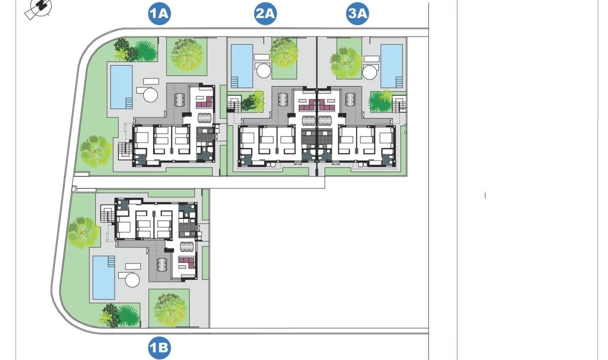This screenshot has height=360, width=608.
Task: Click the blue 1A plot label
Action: [160, 13]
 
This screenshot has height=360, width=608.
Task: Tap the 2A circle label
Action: [265, 13]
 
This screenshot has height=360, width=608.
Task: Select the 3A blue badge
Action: [357, 13]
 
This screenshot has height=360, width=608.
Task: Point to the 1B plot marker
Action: [160, 348]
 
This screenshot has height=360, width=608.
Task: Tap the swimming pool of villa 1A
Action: [121, 87]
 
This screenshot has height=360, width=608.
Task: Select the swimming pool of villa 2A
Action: [242, 66]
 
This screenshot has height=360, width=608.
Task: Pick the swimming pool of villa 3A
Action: [392, 66]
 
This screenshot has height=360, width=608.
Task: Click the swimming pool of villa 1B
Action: [104, 278]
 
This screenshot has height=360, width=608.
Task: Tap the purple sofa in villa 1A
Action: [205, 102]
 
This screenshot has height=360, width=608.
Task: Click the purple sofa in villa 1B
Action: [187, 262]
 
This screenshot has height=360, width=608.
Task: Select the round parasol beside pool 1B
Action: [132, 280]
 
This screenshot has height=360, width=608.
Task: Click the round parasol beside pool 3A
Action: [369, 71]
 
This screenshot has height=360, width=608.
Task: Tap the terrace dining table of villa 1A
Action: [179, 99]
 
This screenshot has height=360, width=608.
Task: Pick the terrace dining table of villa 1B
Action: [162, 265]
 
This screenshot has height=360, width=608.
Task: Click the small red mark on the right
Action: [485, 196]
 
